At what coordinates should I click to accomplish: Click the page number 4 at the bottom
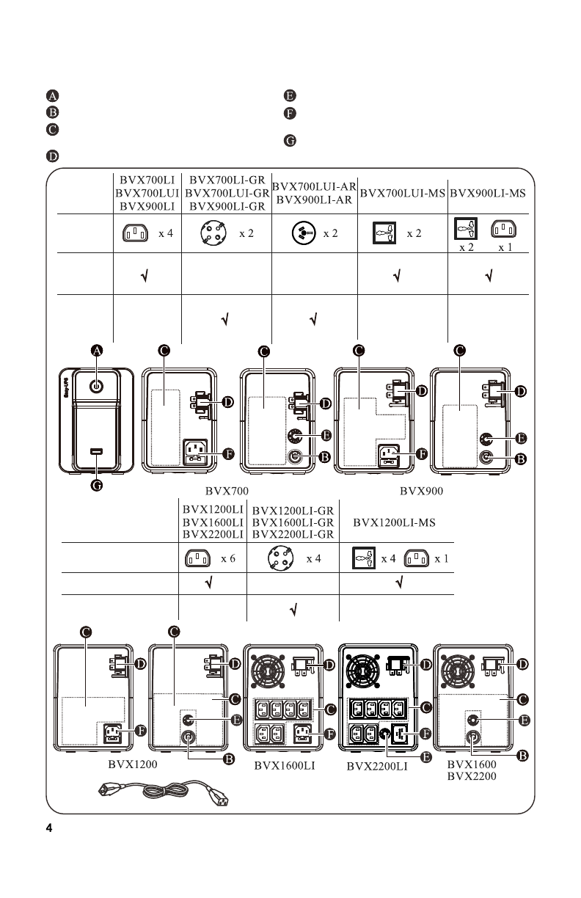click(x=49, y=829)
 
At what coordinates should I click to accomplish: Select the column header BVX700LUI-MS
click(x=403, y=194)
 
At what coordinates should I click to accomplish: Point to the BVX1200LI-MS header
click(x=395, y=523)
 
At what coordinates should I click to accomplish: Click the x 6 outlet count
click(x=227, y=558)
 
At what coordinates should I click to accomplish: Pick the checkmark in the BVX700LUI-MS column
click(x=397, y=277)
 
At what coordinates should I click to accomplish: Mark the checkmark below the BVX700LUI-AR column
click(x=313, y=320)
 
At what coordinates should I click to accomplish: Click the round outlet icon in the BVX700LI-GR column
click(x=213, y=233)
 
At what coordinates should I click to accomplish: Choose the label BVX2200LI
click(x=377, y=768)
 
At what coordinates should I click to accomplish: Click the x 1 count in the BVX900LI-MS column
click(x=505, y=247)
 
